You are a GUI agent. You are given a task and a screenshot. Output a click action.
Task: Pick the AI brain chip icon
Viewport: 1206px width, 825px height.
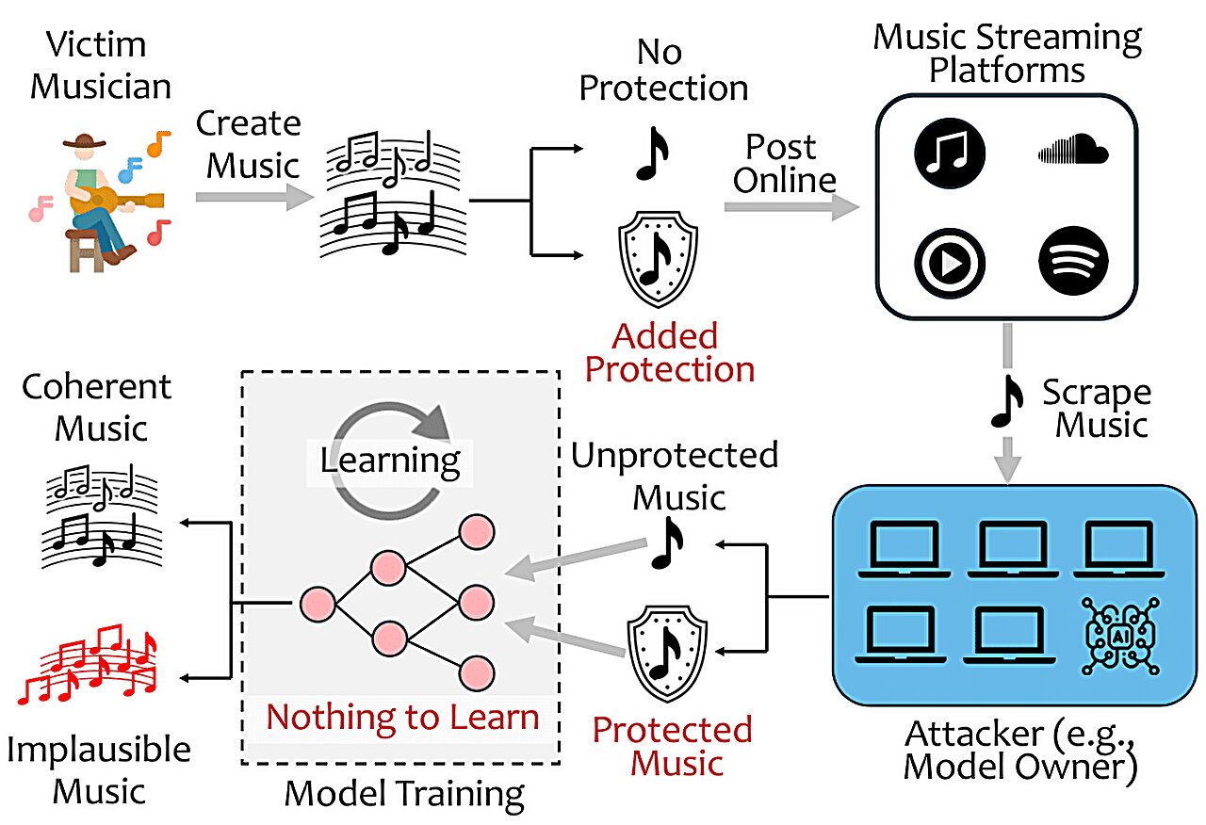pos(1118,634)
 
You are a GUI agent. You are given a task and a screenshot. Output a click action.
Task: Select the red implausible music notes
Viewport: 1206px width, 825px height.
pos(90,667)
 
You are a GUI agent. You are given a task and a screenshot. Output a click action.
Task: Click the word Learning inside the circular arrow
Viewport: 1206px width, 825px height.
pos(390,460)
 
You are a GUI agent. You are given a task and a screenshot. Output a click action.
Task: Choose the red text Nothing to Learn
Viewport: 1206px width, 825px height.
pos(402,717)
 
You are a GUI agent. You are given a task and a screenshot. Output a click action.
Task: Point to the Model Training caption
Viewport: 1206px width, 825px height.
pos(404,793)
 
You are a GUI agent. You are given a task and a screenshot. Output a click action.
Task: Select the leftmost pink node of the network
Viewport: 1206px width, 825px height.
pos(317,604)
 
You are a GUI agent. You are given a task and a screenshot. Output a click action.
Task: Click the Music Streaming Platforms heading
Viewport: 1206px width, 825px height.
pos(1006,55)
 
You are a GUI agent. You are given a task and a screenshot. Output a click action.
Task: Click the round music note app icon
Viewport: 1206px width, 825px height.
pos(949,152)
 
